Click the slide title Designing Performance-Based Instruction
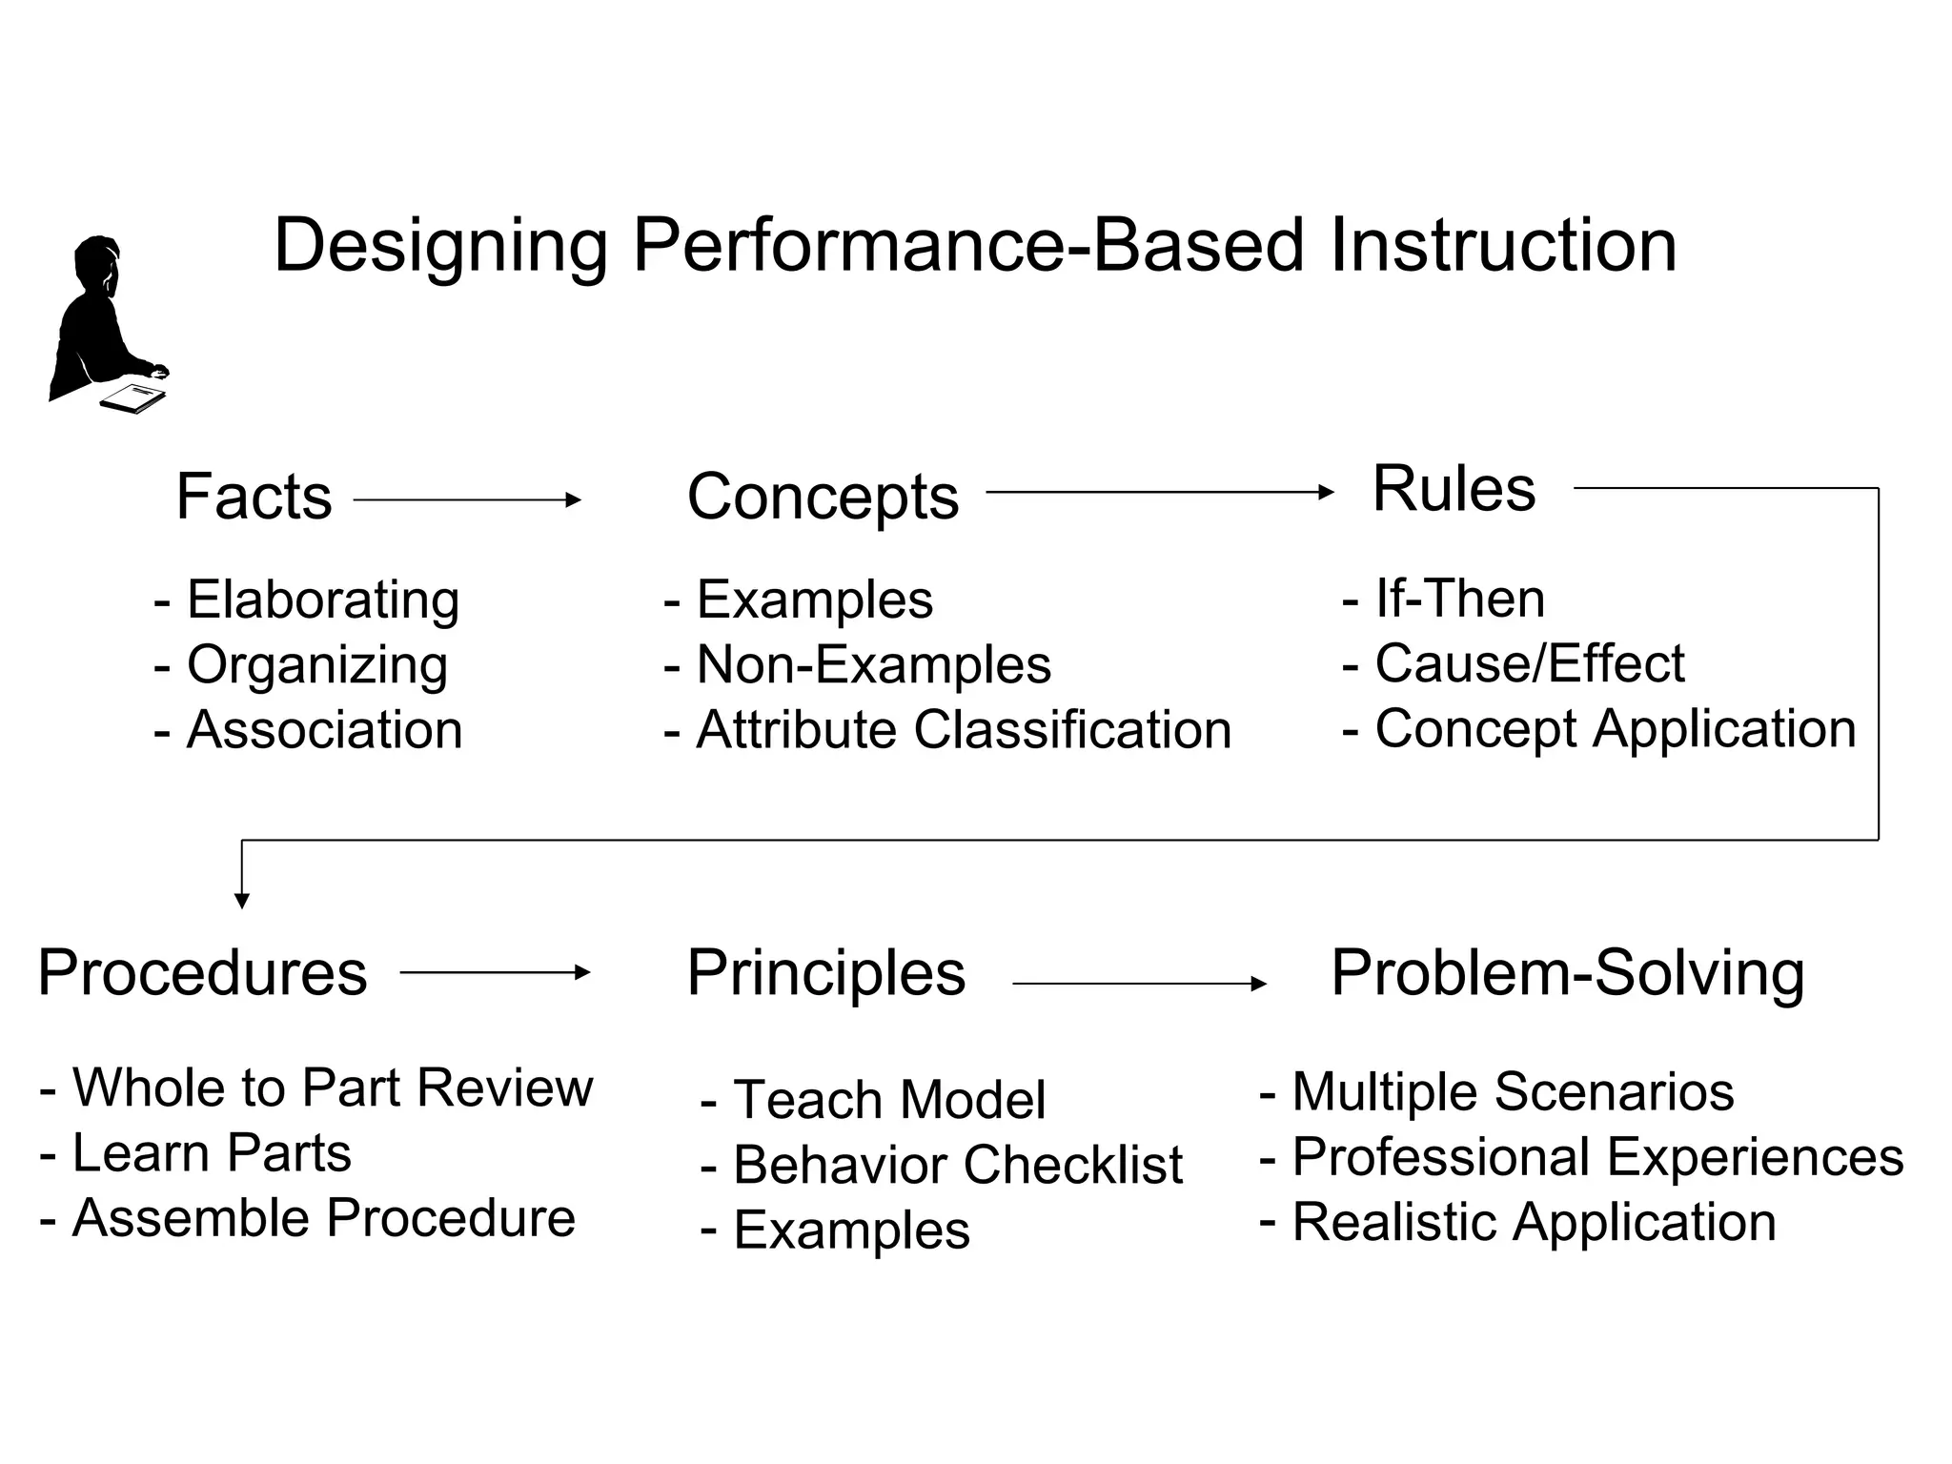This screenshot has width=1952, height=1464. [974, 246]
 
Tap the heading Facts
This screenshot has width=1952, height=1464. [254, 497]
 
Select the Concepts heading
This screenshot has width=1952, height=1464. [823, 497]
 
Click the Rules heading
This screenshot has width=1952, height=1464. [1454, 489]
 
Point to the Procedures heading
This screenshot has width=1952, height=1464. [202, 973]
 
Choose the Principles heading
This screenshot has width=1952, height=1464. [825, 973]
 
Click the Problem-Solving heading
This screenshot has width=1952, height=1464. [1567, 973]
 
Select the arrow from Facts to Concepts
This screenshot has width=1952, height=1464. [467, 499]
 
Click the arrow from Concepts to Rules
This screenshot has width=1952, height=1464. [1159, 492]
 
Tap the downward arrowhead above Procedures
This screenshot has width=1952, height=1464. [242, 900]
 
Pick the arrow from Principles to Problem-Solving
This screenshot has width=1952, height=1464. [1139, 983]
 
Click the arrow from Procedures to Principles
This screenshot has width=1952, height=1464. [495, 972]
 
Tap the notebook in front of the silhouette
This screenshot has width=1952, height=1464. [133, 397]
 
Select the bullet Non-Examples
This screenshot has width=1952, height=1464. [873, 664]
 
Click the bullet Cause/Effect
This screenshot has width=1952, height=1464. [1529, 663]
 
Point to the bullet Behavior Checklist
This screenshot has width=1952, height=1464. [957, 1165]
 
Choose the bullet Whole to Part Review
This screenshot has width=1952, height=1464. [332, 1088]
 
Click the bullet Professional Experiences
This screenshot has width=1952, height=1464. [1596, 1157]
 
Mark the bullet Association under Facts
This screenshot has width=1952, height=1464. [324, 730]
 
